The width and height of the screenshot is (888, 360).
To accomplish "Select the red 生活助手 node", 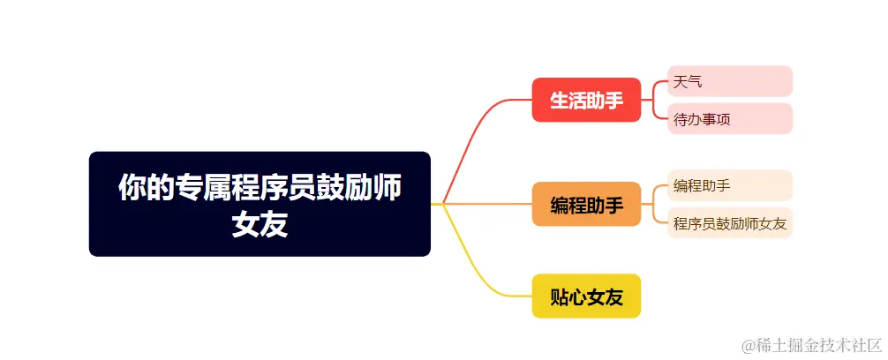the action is coord(586,100).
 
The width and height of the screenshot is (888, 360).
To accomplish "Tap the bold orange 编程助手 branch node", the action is coord(586,205).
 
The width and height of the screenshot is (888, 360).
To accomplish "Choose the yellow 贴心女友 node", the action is coord(586,296).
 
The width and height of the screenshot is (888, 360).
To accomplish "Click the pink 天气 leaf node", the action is coord(730,81).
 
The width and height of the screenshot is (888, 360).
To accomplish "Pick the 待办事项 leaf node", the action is coord(730,118).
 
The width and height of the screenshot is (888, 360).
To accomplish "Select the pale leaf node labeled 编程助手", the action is coord(730,185).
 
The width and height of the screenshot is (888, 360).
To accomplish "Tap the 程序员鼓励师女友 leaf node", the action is coord(730,222).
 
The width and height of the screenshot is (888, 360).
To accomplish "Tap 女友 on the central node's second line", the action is coord(260,225).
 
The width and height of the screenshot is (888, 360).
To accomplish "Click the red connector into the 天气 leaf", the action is coord(659,83).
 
